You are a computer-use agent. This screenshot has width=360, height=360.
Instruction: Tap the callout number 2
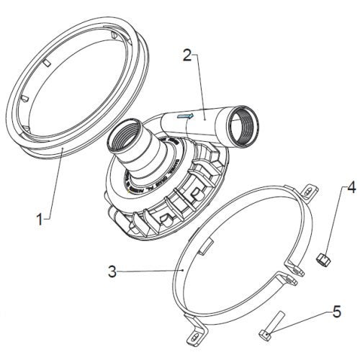click(x=187, y=55)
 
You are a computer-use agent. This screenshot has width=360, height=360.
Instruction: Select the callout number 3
click(x=112, y=271)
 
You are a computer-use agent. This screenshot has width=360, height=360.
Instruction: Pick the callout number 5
click(x=337, y=312)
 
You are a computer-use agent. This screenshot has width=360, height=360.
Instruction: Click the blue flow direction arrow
click(x=185, y=116)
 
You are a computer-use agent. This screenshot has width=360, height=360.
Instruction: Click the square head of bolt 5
click(x=265, y=335)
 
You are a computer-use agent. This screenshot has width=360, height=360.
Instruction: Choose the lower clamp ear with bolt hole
click(x=287, y=279)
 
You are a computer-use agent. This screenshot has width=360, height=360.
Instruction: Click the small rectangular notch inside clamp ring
click(x=205, y=246)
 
